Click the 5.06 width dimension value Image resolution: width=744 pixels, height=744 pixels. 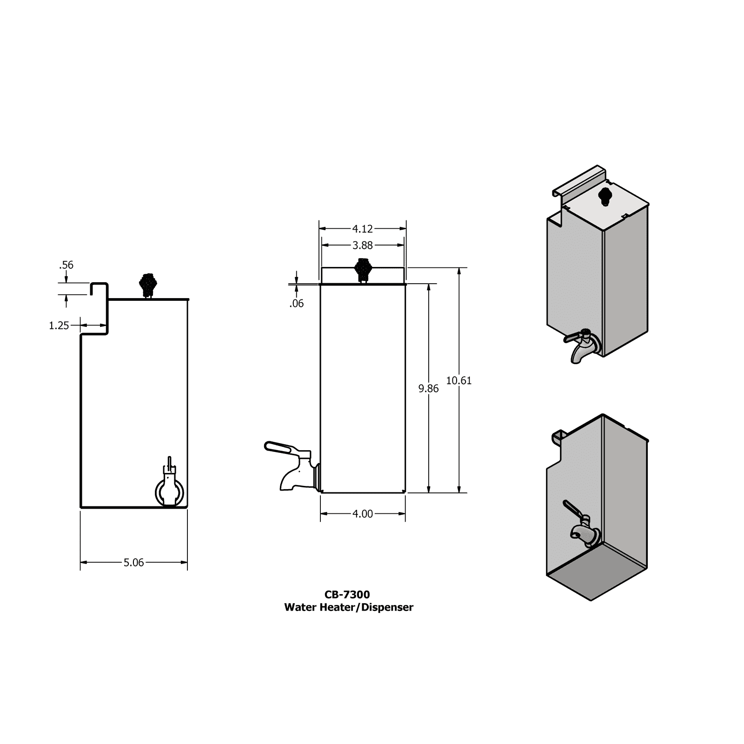tap(133, 563)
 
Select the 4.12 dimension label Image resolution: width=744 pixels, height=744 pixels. tap(362, 229)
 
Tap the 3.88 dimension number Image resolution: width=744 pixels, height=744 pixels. tap(362, 245)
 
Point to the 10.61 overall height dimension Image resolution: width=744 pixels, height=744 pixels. tap(458, 380)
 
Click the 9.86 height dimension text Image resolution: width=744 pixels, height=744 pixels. tap(428, 388)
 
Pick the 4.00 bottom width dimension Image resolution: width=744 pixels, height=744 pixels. tap(362, 514)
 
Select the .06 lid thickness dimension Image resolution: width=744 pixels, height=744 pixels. tap(296, 304)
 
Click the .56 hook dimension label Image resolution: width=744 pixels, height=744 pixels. tap(66, 265)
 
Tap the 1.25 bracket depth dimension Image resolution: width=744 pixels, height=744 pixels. tap(59, 325)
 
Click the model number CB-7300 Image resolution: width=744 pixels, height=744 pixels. tap(347, 594)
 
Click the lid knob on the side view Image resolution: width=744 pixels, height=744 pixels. tap(147, 284)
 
